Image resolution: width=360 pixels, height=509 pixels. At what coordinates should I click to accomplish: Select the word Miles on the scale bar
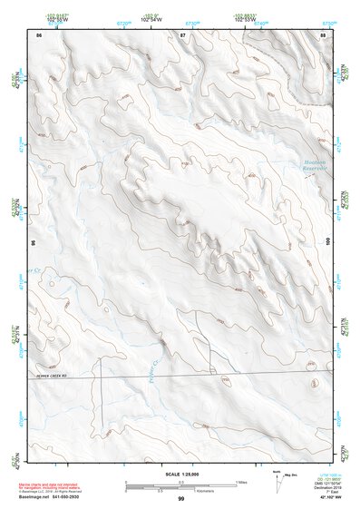pos(241,481)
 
